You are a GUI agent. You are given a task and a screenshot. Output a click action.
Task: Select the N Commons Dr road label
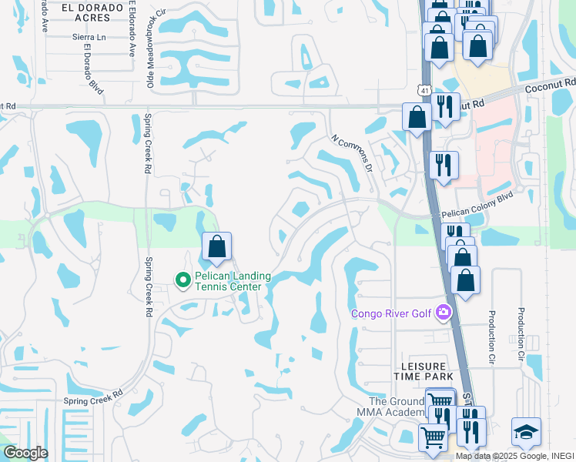(352, 153)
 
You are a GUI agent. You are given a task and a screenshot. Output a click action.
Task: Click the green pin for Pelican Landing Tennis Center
(183, 280)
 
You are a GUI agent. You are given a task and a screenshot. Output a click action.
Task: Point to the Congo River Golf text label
(391, 313)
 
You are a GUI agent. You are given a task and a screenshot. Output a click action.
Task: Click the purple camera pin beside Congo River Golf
(443, 313)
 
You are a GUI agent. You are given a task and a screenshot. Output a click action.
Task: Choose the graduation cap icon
(526, 432)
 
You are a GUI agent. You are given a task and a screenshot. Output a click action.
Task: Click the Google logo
(25, 452)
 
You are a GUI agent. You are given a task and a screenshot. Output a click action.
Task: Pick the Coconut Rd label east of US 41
(550, 84)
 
